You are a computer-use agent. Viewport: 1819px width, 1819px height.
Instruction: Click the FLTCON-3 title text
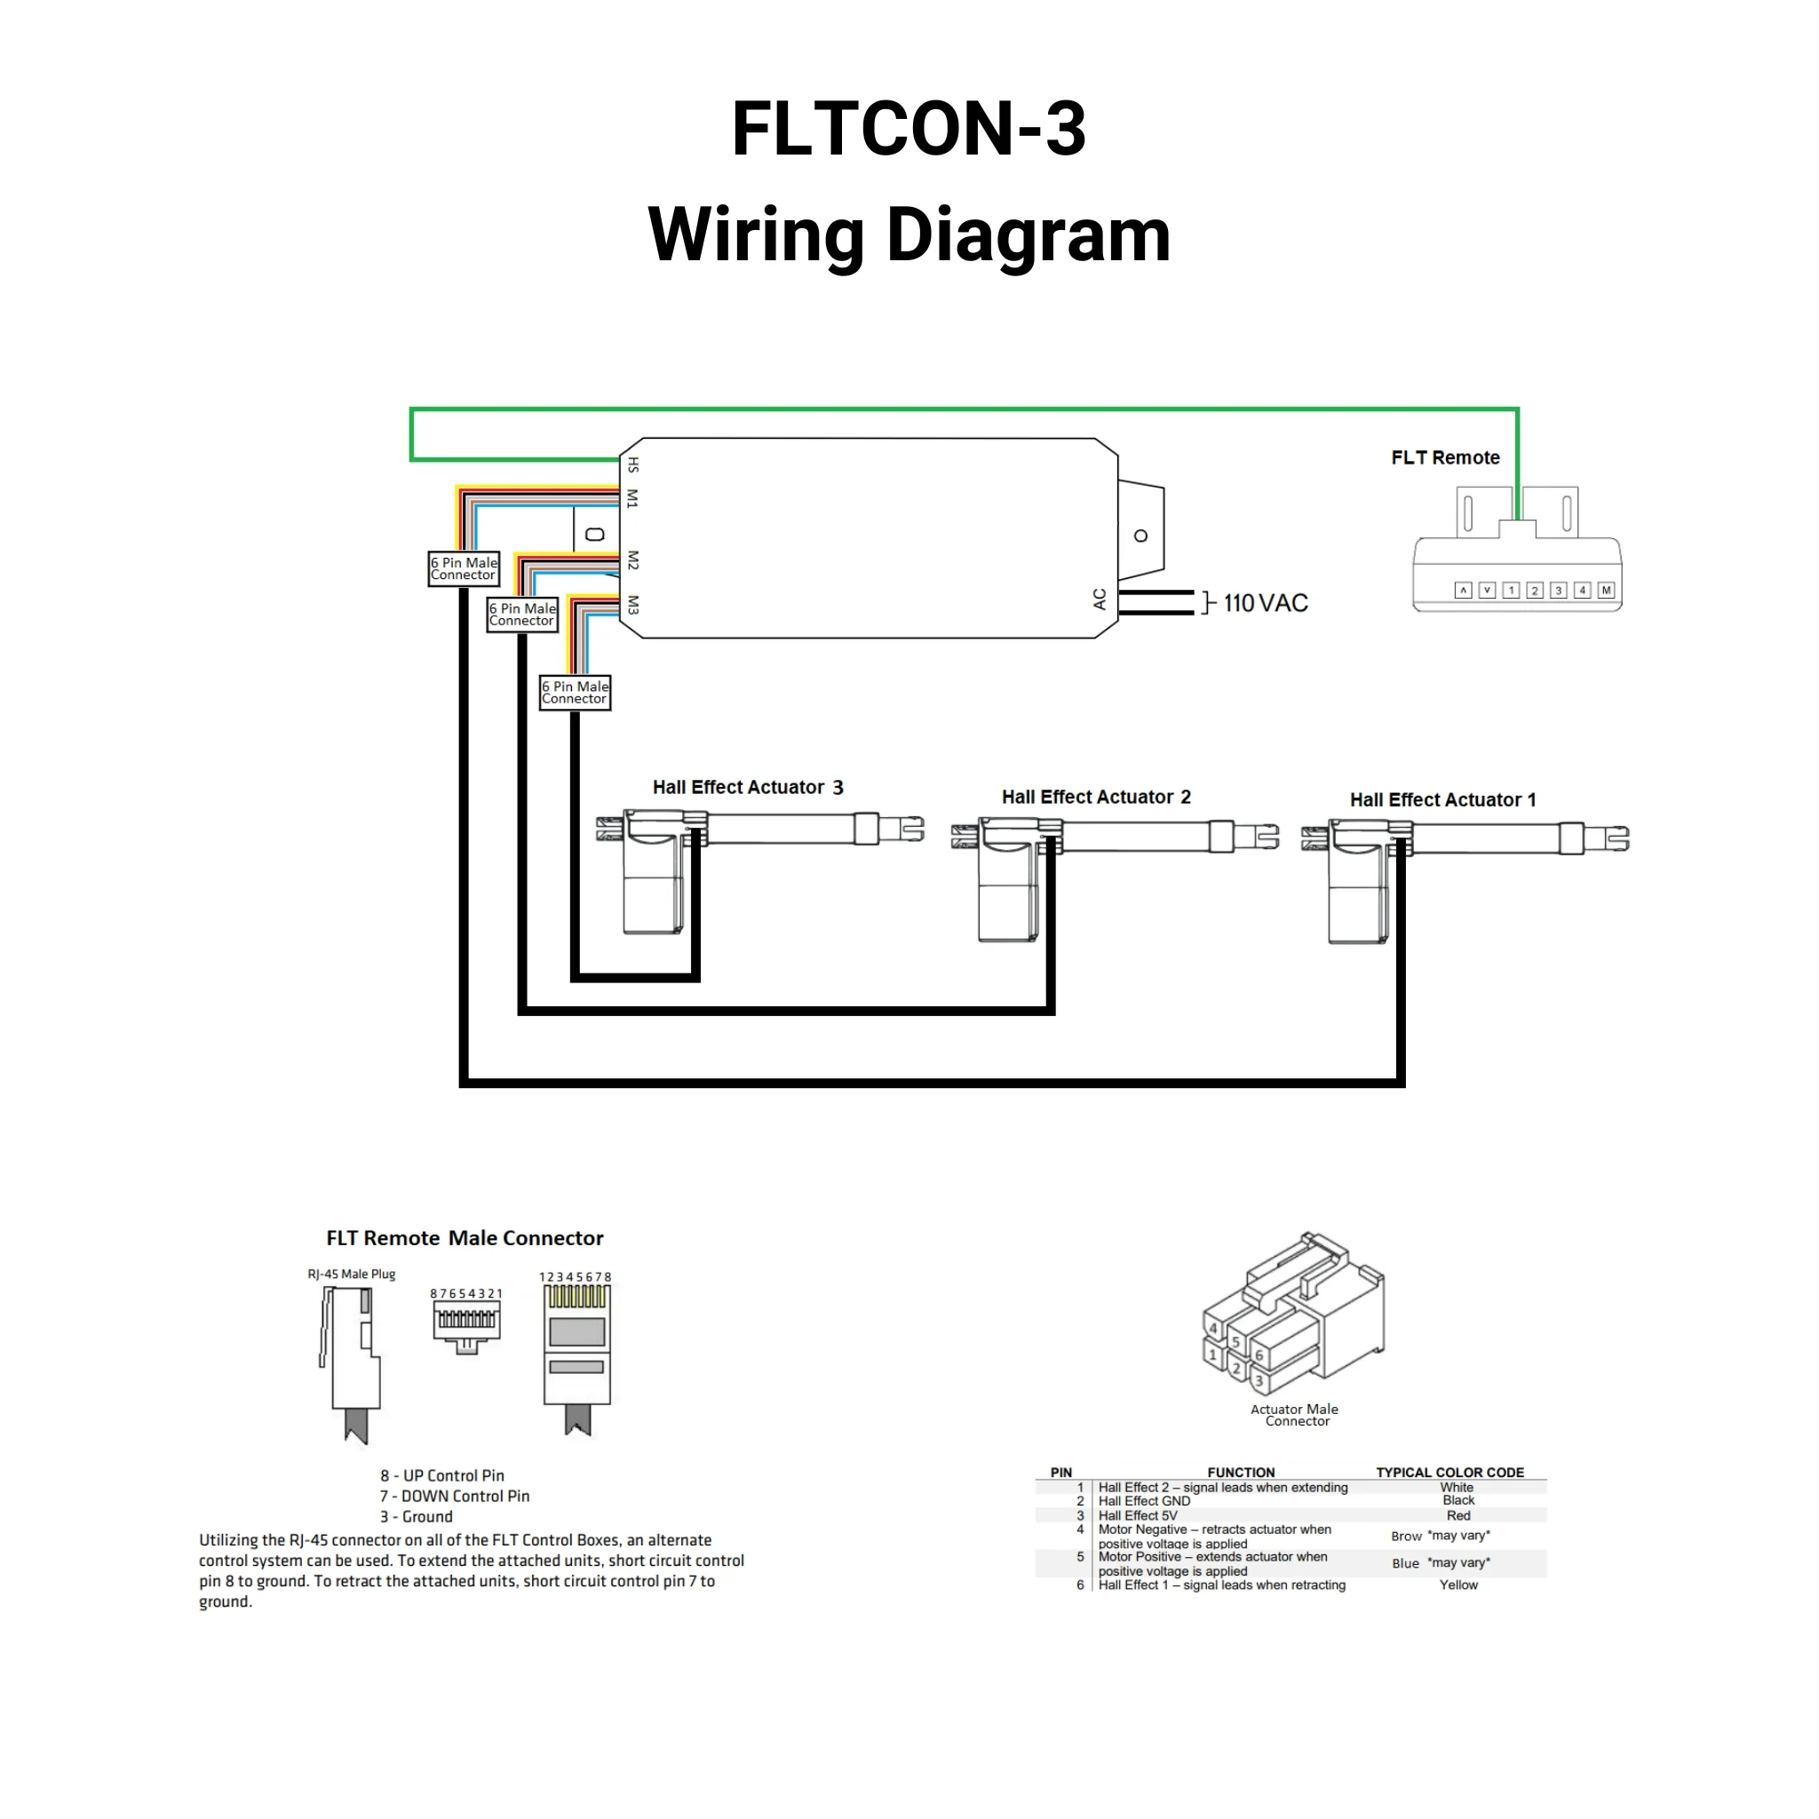pyautogui.click(x=909, y=128)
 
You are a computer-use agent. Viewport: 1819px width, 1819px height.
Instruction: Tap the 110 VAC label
pyautogui.click(x=1266, y=602)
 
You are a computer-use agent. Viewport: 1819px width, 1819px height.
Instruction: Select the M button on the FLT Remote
pyautogui.click(x=1606, y=591)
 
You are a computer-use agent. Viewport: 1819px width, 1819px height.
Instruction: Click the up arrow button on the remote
pyautogui.click(x=1463, y=591)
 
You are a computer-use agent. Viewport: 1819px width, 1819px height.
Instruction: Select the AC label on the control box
pyautogui.click(x=1099, y=599)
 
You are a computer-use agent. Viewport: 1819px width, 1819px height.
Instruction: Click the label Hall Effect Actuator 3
pyautogui.click(x=748, y=787)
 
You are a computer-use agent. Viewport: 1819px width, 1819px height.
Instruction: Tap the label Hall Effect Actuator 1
pyautogui.click(x=1442, y=799)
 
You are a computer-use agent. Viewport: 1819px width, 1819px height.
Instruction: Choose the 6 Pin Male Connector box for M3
pyautogui.click(x=576, y=692)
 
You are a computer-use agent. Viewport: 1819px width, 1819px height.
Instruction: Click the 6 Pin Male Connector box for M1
pyautogui.click(x=464, y=568)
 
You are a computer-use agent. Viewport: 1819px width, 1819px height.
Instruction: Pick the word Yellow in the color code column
pyautogui.click(x=1458, y=1585)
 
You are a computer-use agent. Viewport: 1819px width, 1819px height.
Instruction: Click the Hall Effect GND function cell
pyautogui.click(x=1144, y=1501)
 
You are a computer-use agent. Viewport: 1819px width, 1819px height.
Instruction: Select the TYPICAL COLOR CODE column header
pyautogui.click(x=1449, y=1473)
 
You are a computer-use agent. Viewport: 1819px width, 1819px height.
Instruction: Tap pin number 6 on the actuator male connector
pyautogui.click(x=1259, y=1355)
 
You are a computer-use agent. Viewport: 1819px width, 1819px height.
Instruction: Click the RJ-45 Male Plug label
pyautogui.click(x=351, y=1274)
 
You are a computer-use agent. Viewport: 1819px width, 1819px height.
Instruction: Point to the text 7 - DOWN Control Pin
pyautogui.click(x=455, y=1496)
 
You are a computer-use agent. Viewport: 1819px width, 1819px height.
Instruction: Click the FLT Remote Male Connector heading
pyautogui.click(x=465, y=1238)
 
